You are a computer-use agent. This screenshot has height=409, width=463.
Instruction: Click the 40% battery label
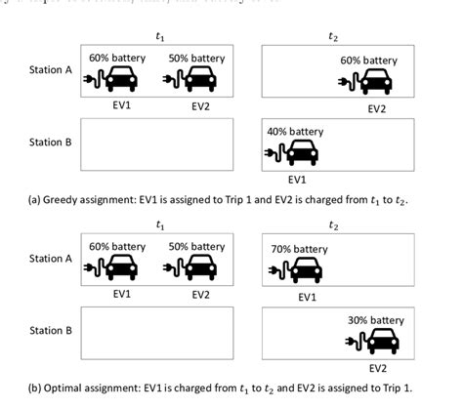tap(295, 132)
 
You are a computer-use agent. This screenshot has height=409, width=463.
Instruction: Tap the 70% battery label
tap(298, 249)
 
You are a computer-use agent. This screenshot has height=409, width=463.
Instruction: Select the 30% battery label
tap(375, 320)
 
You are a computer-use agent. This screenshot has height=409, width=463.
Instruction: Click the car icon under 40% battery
tap(303, 153)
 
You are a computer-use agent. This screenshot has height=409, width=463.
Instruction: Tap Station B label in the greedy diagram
tap(51, 143)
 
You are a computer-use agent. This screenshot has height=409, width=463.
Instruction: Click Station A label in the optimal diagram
tap(51, 259)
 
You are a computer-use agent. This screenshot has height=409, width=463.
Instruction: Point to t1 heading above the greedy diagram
tap(160, 35)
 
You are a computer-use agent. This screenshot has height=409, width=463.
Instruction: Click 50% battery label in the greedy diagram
tap(196, 59)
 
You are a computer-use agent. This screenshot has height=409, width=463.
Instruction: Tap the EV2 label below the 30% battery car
tap(377, 368)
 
